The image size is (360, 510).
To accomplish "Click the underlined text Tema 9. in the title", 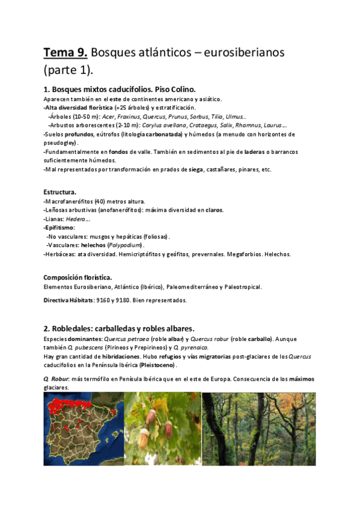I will [65, 53].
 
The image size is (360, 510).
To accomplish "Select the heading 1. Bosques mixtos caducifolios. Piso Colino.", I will [120, 89].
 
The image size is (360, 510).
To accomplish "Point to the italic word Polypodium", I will [126, 245].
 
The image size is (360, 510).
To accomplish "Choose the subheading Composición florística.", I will [78, 277].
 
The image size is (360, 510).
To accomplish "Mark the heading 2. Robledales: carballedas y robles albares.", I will [119, 328].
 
